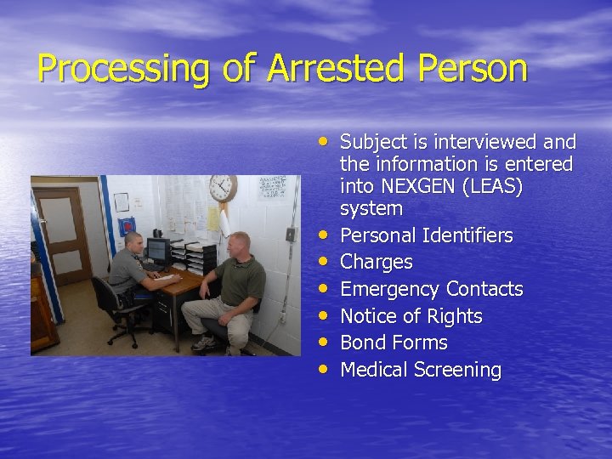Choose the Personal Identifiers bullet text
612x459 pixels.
point(426,235)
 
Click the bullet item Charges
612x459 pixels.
point(376,262)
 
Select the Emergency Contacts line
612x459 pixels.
point(431,289)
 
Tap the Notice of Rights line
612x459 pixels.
point(411,316)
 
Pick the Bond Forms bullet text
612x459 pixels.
point(394,343)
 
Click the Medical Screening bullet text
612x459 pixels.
point(421,370)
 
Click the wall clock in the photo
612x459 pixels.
point(223,188)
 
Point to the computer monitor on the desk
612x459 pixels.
point(157,251)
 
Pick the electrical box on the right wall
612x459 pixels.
point(291,234)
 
